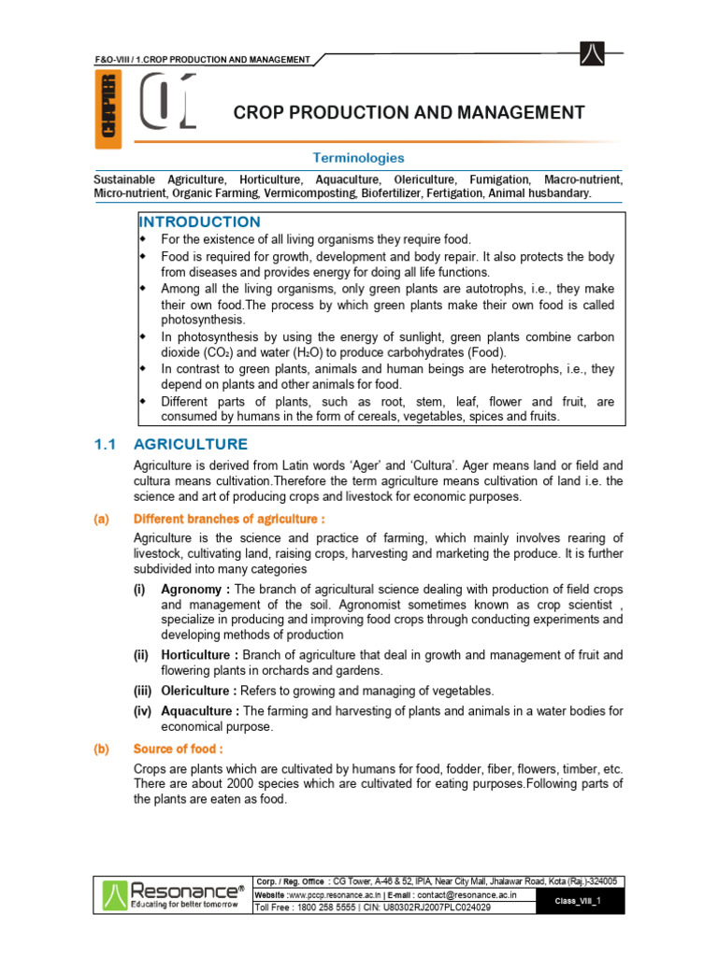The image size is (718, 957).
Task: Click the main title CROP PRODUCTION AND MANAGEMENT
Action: click(x=409, y=113)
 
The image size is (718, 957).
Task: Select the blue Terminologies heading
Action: click(x=358, y=158)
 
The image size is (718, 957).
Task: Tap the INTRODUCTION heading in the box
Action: click(x=199, y=221)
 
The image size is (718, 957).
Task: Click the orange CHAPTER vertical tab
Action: click(x=108, y=111)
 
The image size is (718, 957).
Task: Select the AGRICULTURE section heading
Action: click(x=191, y=444)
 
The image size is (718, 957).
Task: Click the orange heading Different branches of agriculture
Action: click(x=229, y=519)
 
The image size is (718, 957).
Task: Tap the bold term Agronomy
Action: click(x=194, y=590)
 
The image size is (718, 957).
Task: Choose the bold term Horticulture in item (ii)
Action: click(x=201, y=655)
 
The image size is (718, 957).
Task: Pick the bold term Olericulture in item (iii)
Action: click(x=199, y=691)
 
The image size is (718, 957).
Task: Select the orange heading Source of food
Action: click(x=178, y=749)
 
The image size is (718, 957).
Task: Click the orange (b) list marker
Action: click(x=100, y=749)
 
